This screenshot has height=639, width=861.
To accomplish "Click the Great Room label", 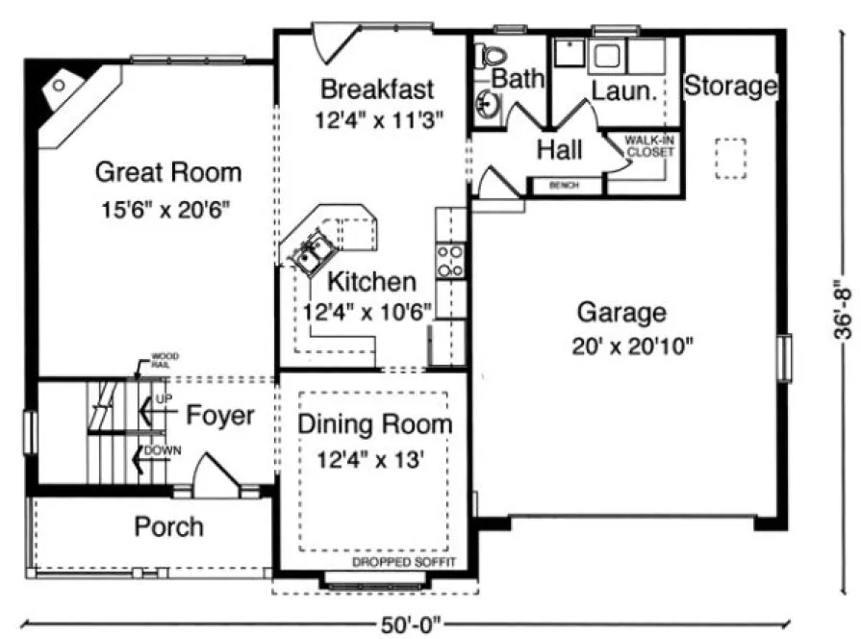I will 168,173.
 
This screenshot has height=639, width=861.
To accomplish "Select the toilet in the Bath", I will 492,56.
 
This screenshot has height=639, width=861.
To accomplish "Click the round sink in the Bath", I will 487,104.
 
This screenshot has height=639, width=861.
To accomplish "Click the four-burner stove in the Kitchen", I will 449,260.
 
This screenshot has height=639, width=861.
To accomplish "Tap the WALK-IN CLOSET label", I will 650,145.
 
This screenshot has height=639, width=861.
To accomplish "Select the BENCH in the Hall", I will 564,185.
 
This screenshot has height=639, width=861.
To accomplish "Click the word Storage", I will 730,87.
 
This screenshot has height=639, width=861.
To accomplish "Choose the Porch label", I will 168,526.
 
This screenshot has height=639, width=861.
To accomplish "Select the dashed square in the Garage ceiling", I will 730,160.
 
